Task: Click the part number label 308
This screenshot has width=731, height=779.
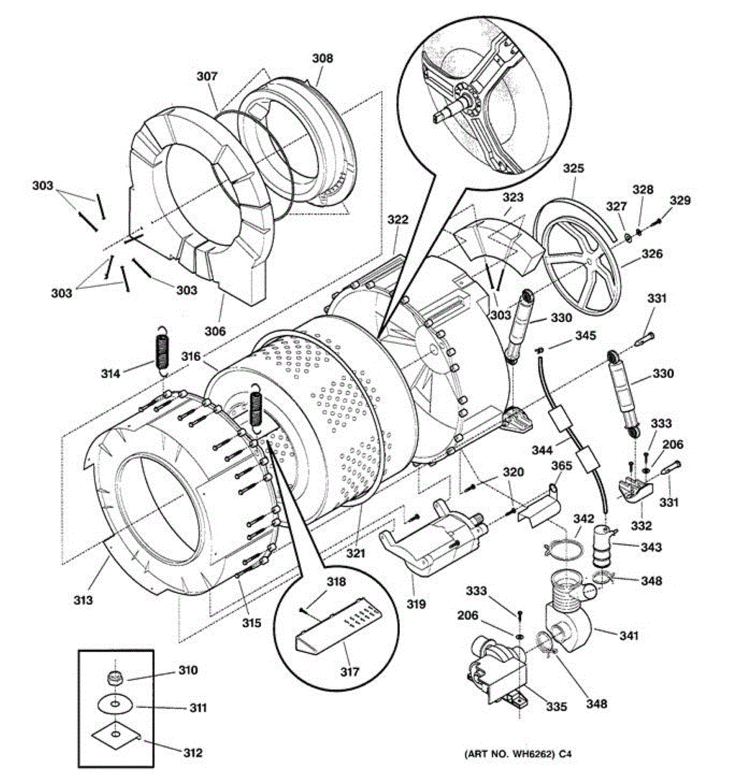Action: point(322,58)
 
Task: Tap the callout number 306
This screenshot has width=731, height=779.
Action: point(214,331)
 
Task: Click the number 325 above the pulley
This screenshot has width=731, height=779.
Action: point(573,169)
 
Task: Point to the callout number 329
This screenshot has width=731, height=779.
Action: point(681,201)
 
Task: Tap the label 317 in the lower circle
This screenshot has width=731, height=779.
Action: point(349,672)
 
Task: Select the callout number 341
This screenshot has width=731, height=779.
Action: point(628,636)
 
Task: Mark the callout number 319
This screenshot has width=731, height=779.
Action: point(416,604)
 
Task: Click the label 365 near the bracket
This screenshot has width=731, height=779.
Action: point(562,465)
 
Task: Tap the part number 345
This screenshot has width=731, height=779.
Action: point(584,336)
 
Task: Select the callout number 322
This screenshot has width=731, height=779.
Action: point(398,219)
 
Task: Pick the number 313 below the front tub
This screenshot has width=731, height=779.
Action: point(82,600)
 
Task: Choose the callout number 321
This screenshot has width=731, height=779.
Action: point(355,553)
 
